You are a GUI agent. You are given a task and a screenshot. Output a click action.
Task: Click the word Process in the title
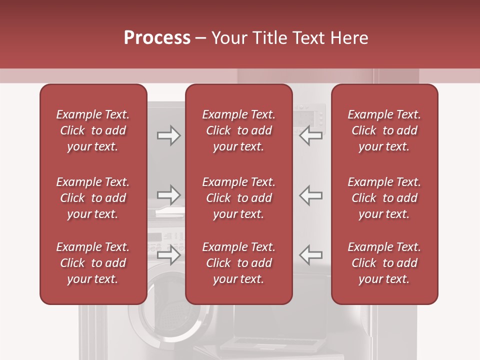(x=157, y=38)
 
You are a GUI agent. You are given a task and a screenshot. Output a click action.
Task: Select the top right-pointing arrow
(x=168, y=135)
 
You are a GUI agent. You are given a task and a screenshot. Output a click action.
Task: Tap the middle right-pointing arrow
(x=168, y=195)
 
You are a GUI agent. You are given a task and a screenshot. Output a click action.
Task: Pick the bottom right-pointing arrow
(x=168, y=254)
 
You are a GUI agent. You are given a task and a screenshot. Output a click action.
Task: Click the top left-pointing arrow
(x=310, y=135)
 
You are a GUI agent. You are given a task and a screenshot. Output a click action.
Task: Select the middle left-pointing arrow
(x=310, y=195)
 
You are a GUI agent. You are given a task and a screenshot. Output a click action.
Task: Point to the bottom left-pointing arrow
(x=310, y=254)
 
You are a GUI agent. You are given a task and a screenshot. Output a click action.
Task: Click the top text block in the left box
(x=93, y=130)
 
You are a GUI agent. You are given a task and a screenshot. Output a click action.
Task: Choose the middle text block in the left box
(x=93, y=198)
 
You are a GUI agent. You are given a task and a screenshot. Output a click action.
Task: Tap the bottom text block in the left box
(x=93, y=263)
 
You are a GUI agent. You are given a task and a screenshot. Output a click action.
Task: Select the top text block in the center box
(x=239, y=130)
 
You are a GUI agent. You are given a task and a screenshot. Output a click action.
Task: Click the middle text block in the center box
(x=239, y=198)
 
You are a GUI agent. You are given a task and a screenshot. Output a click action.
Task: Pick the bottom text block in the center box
(x=239, y=263)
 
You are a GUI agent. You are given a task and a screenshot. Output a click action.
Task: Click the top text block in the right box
(x=384, y=130)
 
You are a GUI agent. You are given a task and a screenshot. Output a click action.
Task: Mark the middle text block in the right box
(x=384, y=198)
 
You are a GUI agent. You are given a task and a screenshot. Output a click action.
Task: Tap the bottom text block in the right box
(x=384, y=263)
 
